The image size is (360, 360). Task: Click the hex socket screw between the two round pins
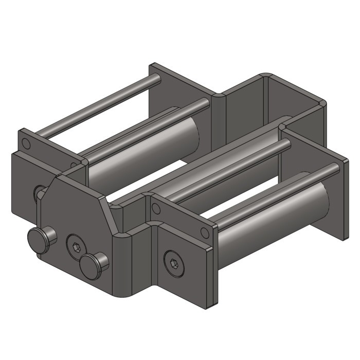tap(76, 246)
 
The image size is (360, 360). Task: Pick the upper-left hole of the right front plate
tap(156, 208)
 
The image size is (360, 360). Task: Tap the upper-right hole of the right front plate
tap(205, 232)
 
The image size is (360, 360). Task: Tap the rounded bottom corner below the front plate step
tap(123, 291)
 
